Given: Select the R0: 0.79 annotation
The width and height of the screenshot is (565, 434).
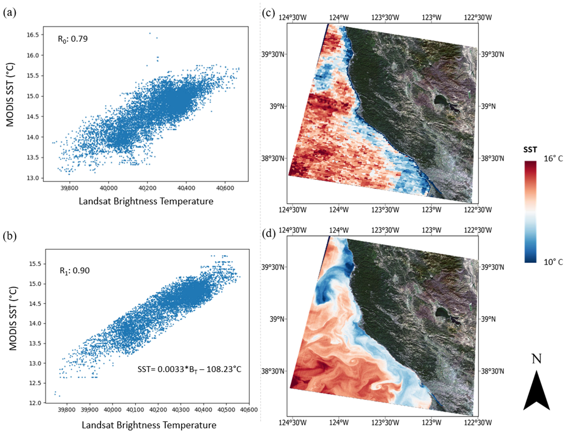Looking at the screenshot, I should tap(73, 39).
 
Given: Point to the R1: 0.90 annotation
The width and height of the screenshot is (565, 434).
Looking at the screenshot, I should tap(75, 271).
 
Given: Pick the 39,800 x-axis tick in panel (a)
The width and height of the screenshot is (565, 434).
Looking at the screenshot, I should tap(69, 188).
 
